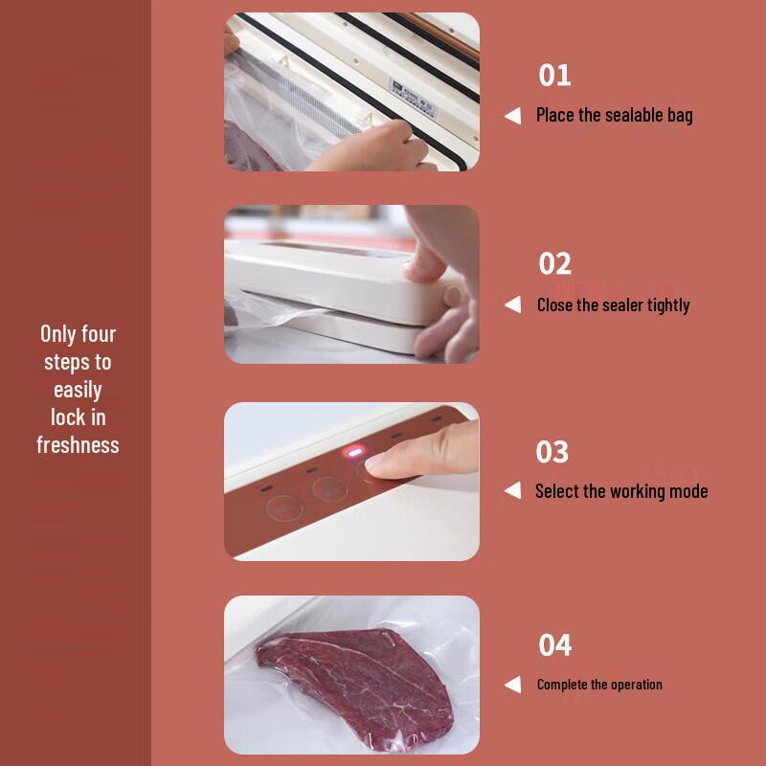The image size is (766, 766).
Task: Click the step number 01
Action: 554,75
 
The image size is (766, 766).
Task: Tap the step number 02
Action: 555,263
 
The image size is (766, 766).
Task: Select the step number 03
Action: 552,451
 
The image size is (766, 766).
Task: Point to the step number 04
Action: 555,644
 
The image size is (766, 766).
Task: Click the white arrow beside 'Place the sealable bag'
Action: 513,116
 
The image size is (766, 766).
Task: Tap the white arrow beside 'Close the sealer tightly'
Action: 513,305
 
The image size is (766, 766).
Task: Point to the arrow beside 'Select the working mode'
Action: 513,491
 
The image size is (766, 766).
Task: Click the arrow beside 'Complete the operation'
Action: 513,685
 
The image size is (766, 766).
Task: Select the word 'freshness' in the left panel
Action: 78,445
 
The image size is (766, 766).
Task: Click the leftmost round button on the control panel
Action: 280,508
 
